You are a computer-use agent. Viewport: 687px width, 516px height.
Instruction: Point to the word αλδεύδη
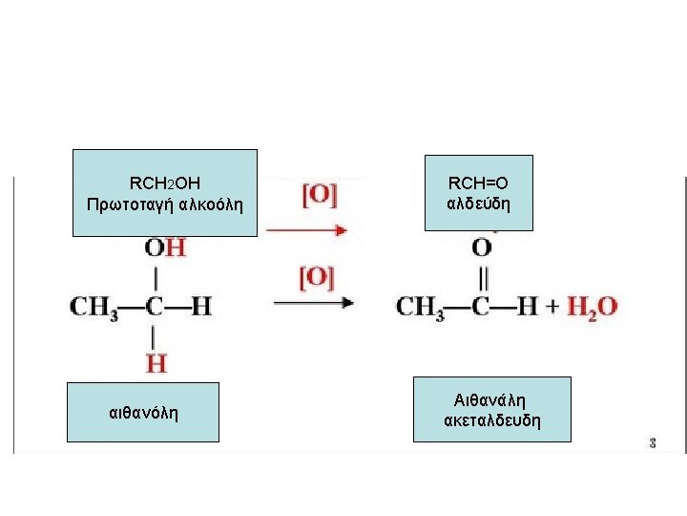478,204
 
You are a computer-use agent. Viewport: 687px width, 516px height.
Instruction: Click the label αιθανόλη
144,413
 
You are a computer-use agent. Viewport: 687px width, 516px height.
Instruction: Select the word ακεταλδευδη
492,420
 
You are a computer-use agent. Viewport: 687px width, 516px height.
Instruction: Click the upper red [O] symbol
319,194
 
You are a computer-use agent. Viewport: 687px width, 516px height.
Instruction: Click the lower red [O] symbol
317,278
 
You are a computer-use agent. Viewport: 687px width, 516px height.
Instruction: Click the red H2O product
593,308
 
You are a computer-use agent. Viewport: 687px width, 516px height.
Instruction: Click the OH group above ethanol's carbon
164,247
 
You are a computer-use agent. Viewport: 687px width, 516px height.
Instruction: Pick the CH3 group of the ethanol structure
94,308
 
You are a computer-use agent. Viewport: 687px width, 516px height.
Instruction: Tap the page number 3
653,443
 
